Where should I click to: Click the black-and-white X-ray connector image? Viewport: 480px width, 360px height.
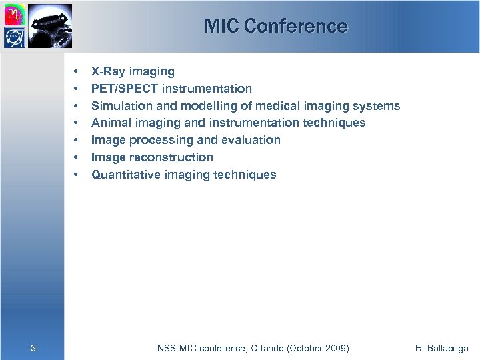47,24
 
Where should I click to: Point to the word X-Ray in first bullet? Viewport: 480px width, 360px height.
107,71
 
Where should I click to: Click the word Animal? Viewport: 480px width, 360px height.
109,123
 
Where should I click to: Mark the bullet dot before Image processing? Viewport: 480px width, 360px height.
77,140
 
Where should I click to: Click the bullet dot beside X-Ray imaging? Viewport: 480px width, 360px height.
77,71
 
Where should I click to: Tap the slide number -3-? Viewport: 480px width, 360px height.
32,348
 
